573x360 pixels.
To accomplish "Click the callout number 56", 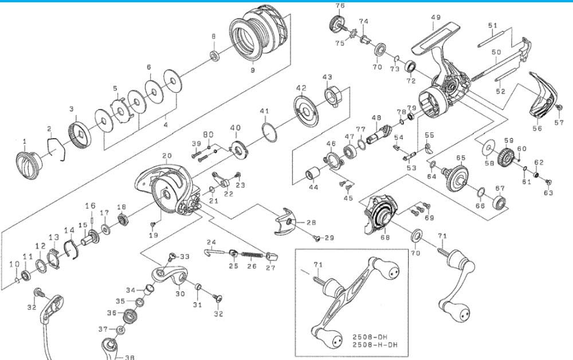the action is [537, 129].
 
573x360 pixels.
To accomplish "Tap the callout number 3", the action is [72, 109].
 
